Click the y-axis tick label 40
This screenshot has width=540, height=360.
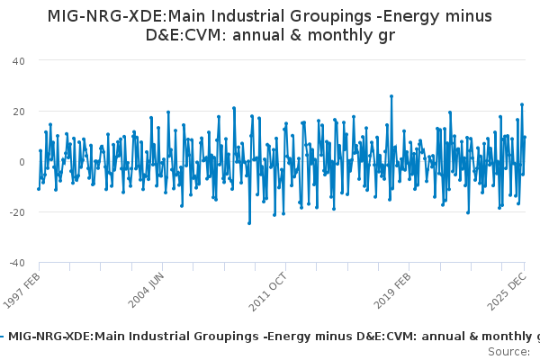tap(19, 60)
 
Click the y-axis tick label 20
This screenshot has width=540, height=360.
tap(19, 111)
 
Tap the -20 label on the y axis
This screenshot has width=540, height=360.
tap(17, 211)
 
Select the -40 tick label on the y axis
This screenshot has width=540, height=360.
tap(17, 262)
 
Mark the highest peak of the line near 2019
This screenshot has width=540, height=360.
tap(391, 96)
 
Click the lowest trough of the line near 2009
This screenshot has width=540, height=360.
tap(249, 222)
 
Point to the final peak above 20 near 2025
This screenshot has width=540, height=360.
tap(521, 105)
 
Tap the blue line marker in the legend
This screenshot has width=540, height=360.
tap(3, 336)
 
